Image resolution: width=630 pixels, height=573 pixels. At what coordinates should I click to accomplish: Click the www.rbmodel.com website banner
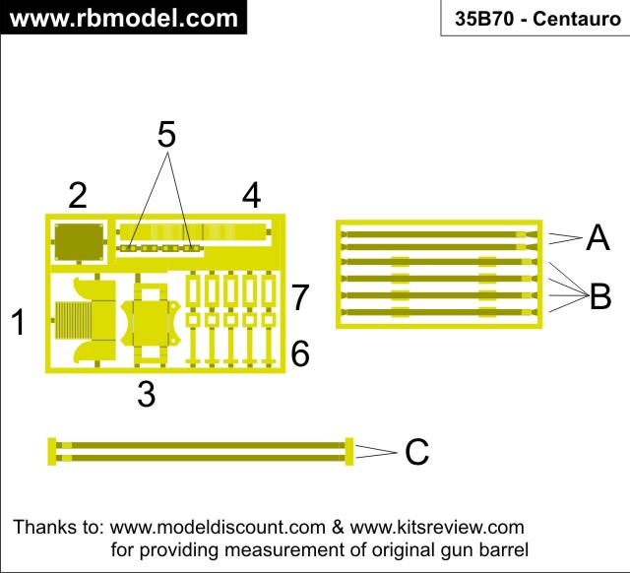point(124,18)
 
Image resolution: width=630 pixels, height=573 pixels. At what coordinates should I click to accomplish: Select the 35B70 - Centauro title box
point(535,18)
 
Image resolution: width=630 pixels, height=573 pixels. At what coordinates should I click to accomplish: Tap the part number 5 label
point(166,134)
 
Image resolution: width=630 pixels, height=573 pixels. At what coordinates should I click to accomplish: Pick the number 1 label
point(18,322)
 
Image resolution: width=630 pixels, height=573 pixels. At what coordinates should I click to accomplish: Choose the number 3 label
point(147,394)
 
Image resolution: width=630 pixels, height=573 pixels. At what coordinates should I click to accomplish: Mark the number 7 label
point(300,297)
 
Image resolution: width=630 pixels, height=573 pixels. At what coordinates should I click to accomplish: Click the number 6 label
point(300,353)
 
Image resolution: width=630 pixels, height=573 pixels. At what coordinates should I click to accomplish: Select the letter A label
point(598,237)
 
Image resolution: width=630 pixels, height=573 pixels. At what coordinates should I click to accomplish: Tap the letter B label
point(600,296)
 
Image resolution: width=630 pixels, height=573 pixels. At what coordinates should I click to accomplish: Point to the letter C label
point(417,452)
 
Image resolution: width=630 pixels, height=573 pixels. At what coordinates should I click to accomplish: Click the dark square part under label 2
point(79,241)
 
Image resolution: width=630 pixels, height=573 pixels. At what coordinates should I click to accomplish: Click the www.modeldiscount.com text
point(218,527)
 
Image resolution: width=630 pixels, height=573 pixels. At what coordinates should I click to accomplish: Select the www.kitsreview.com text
point(437,527)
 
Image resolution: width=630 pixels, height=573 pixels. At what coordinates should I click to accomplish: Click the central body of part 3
point(151,324)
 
